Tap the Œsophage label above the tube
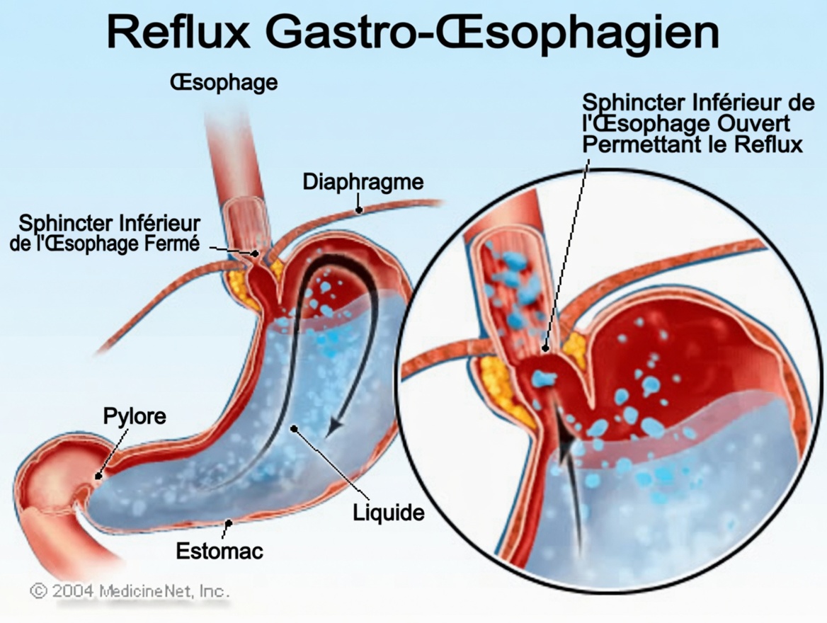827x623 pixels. tap(223, 83)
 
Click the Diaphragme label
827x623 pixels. tap(363, 182)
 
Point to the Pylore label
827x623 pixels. tap(135, 416)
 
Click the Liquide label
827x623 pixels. tap(389, 513)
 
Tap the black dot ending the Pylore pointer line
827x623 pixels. tap(98, 476)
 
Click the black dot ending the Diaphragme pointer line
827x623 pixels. tap(360, 209)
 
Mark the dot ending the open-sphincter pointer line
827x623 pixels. tap(545, 348)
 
